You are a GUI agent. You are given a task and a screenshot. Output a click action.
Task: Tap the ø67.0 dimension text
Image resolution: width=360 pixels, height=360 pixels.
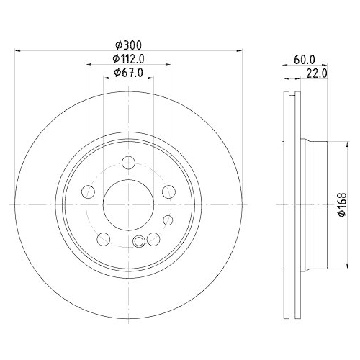pos(130,73)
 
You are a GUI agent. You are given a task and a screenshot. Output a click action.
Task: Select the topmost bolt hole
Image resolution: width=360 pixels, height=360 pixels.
pos(128,162)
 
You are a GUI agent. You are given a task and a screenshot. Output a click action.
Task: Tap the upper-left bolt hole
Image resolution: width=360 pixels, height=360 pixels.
pos(89,191)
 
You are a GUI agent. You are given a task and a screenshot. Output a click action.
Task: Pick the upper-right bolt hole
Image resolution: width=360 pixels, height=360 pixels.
pos(168,191)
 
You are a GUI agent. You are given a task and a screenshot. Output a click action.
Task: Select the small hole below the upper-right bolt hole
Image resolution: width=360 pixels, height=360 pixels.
pos(168,220)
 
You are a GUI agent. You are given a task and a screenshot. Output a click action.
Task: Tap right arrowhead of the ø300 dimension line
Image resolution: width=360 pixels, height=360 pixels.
pos(238,51)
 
